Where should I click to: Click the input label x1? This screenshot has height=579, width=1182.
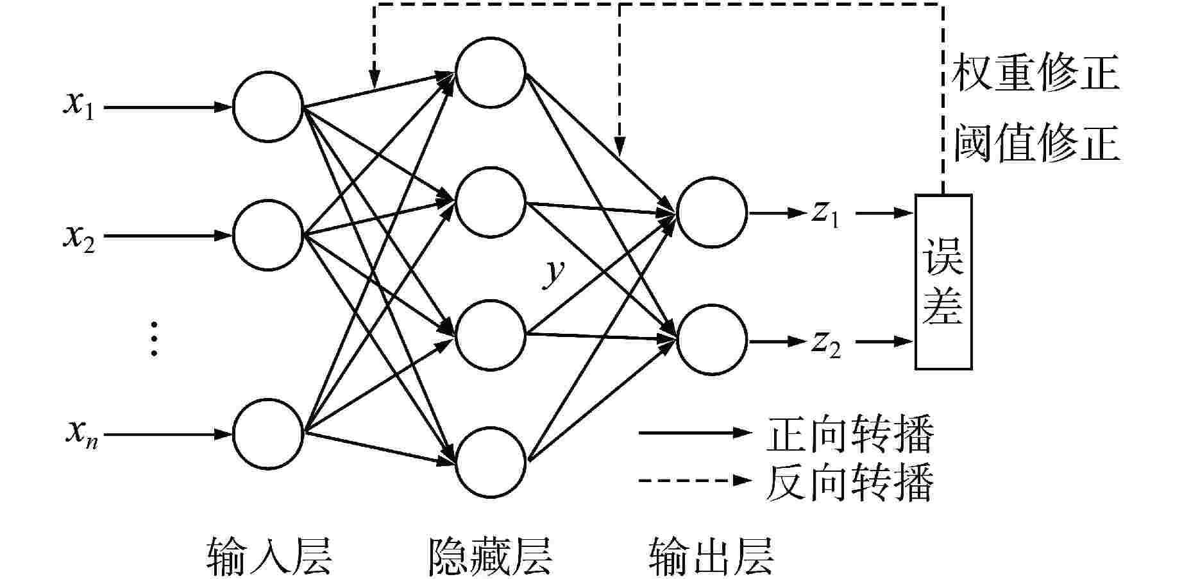[x=78, y=106]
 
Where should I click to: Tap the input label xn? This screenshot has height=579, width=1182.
[x=81, y=435]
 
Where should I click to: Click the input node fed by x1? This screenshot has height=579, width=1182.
[x=267, y=107]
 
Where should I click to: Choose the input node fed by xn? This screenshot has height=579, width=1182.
[x=267, y=433]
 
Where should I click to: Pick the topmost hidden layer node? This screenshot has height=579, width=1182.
[x=491, y=72]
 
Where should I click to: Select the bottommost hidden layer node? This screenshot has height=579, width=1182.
[x=491, y=462]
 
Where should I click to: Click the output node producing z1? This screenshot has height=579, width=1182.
[x=711, y=212]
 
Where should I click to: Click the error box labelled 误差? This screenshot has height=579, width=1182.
[x=943, y=281]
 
